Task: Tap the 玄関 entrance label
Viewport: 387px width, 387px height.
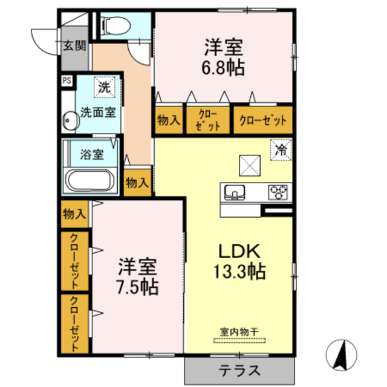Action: (x=74, y=45)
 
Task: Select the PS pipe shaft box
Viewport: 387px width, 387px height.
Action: (x=66, y=79)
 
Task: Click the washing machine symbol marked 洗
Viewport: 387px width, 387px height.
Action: (x=105, y=87)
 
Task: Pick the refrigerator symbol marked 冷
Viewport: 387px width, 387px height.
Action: (x=281, y=149)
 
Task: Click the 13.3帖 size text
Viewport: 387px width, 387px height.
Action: (x=239, y=272)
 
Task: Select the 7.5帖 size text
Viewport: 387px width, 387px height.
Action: (x=137, y=285)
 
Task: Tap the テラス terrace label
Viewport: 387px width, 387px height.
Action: (x=239, y=370)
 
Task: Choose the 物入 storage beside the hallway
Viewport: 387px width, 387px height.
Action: (x=137, y=181)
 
